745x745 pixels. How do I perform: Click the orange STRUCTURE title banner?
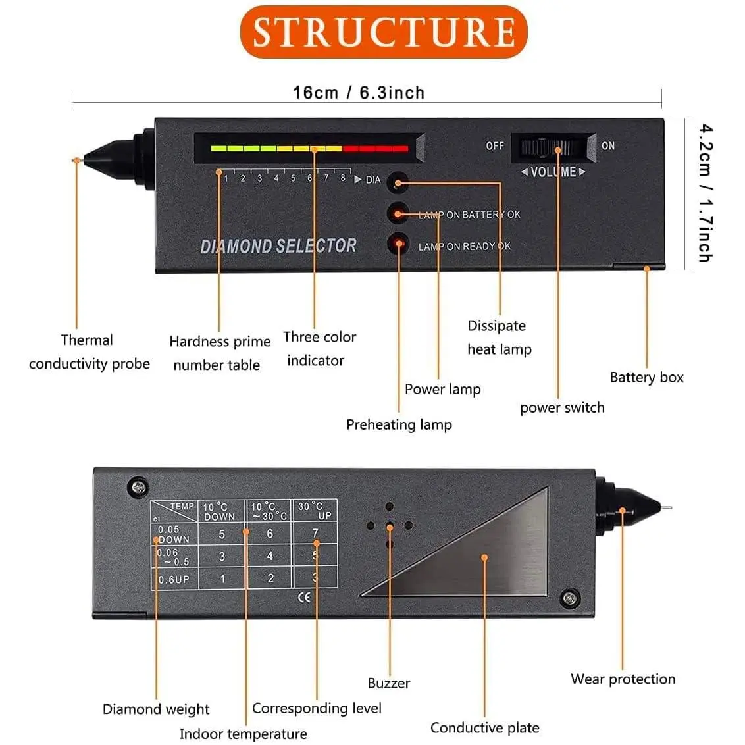pos(384,32)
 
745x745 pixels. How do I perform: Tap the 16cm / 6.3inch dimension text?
pos(359,92)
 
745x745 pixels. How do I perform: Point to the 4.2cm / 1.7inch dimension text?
pos(704,193)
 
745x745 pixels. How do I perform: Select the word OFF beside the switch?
pos(495,145)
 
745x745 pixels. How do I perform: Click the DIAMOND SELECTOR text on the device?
pos(278,246)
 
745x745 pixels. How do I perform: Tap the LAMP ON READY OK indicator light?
pos(398,244)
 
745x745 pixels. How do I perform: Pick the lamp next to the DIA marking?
pos(398,182)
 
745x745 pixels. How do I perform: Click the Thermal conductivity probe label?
pos(89,351)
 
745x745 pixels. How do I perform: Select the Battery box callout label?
pos(646,377)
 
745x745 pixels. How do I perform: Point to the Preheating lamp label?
pos(399,424)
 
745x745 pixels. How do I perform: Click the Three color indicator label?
pos(319,348)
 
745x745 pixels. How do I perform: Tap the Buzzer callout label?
pos(388,683)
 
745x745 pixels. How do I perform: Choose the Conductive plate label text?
pos(484,727)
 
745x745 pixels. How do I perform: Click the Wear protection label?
pos(623,679)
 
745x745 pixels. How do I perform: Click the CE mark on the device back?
pos(305,597)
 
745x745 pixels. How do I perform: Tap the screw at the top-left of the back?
pos(137,488)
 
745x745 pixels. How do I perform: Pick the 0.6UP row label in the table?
pos(174,580)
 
